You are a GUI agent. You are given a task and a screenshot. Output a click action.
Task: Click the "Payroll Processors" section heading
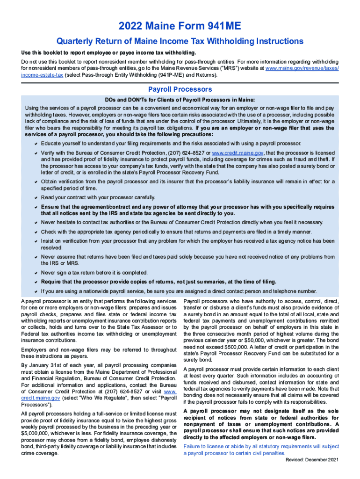(180, 89)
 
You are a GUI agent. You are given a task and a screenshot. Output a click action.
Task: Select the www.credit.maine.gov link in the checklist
(238, 152)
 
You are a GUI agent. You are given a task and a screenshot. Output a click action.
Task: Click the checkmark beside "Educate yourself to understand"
(36, 143)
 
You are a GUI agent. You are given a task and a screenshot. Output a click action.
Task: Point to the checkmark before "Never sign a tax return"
(36, 273)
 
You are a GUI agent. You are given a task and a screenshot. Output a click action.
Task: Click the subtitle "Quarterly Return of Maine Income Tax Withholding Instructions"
(180, 42)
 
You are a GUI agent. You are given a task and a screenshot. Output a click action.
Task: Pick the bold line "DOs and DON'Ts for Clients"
(180, 100)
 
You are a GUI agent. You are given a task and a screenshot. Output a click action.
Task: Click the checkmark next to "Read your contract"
(36, 197)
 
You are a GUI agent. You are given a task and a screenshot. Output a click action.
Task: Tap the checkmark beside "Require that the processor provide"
(36, 282)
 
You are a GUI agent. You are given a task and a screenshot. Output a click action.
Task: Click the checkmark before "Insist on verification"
(36, 241)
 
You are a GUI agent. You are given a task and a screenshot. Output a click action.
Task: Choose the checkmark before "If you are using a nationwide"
(36, 291)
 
